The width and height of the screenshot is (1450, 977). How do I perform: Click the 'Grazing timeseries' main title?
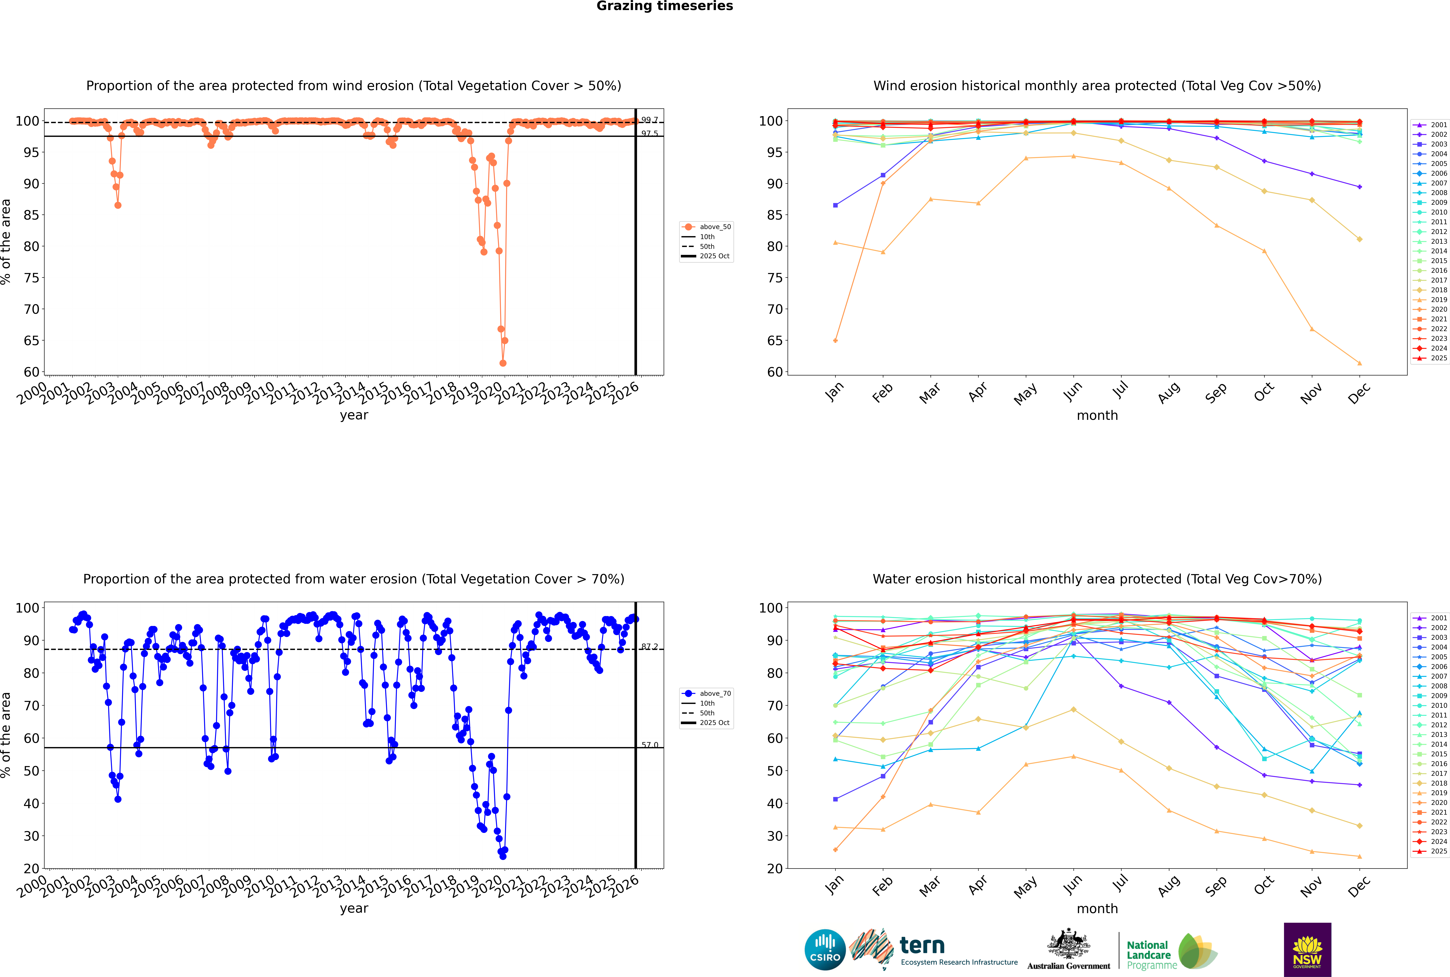point(665,6)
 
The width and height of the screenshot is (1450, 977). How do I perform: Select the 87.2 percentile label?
point(650,647)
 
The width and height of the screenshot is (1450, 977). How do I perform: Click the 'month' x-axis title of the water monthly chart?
point(1097,908)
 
